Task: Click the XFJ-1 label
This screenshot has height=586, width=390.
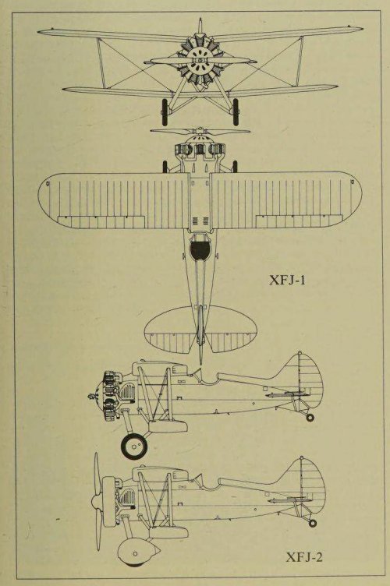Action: [x=287, y=280]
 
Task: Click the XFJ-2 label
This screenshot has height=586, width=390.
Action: [x=304, y=557]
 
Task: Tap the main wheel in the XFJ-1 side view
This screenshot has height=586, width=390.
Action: [x=134, y=447]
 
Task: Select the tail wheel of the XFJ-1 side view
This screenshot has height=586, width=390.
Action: [x=310, y=418]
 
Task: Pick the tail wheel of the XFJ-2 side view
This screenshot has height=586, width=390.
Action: [x=313, y=523]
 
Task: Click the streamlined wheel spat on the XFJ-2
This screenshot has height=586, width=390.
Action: [x=137, y=552]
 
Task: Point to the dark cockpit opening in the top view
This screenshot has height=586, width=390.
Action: [x=200, y=249]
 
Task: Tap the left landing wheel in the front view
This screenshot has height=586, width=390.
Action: [x=165, y=111]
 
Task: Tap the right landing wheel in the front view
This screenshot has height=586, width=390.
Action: [x=236, y=111]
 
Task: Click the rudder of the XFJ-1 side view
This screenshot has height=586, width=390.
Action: [x=311, y=377]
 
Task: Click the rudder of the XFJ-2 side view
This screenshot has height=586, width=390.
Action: [x=314, y=483]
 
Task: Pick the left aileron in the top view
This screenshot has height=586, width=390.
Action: [x=101, y=222]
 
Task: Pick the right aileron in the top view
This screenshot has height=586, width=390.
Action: [x=300, y=221]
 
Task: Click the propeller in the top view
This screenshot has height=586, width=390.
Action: [x=200, y=132]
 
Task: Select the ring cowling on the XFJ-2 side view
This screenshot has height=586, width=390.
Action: [x=110, y=502]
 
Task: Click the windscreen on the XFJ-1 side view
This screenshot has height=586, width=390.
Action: [x=197, y=374]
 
